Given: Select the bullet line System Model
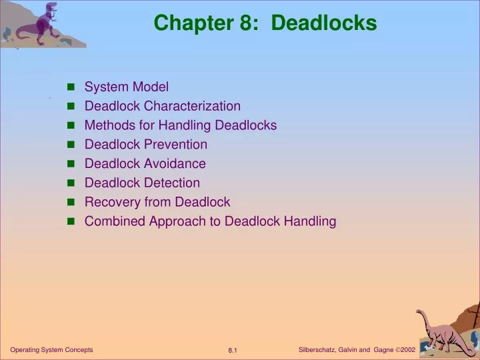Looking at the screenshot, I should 127,87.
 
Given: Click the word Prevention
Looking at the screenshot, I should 176,145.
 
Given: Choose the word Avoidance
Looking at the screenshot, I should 175,163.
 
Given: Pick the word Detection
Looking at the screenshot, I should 172,183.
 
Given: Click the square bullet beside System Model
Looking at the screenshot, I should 71,87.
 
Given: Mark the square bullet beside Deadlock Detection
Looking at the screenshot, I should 71,183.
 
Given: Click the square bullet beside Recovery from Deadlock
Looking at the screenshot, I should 71,203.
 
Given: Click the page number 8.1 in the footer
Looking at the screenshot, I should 233,351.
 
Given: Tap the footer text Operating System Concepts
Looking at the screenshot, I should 51,350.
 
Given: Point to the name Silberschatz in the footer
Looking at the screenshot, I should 319,350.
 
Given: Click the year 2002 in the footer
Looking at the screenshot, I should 408,350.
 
